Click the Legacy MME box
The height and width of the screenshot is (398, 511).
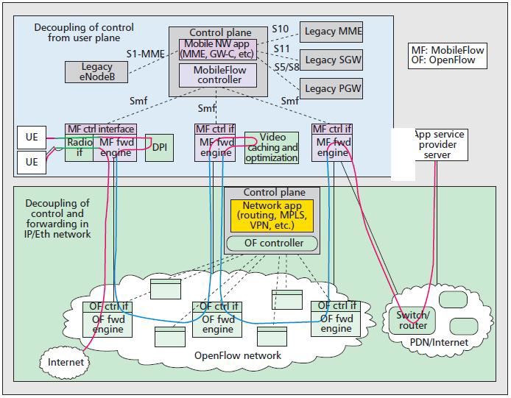[331, 31]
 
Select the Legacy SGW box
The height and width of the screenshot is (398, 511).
[331, 60]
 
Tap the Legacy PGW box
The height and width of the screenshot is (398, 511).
[331, 88]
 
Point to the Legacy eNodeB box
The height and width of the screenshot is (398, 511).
[96, 71]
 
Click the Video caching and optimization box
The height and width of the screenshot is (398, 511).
[271, 148]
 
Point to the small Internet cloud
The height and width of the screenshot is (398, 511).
[66, 362]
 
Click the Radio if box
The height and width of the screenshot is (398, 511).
[80, 147]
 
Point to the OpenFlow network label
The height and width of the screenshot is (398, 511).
[237, 356]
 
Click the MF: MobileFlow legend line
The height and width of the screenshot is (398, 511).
[447, 50]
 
